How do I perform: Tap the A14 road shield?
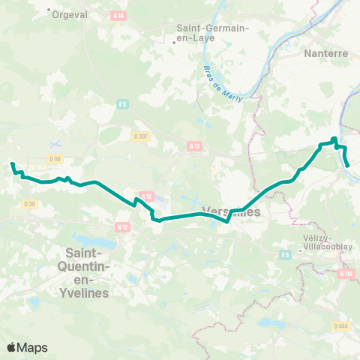(118, 15)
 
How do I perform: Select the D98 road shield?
(54, 158)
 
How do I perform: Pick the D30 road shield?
(29, 203)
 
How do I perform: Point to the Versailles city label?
(232, 211)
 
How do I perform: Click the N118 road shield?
(346, 274)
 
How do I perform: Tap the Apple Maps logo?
(28, 347)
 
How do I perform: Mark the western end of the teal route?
(12, 163)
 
